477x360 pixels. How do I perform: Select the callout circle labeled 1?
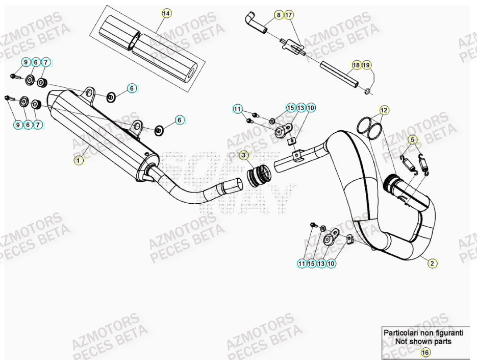(x=78, y=160)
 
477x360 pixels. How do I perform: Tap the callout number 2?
(x=432, y=263)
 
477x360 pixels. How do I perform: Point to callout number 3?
(x=244, y=154)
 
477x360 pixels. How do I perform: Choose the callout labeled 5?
(x=412, y=139)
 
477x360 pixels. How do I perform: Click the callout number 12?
(x=384, y=110)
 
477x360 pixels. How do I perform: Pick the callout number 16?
(x=423, y=352)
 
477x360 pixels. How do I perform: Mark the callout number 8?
(x=278, y=15)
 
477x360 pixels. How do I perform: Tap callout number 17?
(x=289, y=15)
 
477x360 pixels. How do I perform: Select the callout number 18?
(x=356, y=65)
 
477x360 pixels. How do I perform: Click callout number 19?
(x=367, y=65)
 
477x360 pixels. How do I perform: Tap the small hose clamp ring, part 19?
(x=368, y=91)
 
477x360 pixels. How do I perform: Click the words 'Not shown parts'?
(x=423, y=341)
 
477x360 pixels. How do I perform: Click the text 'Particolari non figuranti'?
(x=423, y=332)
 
